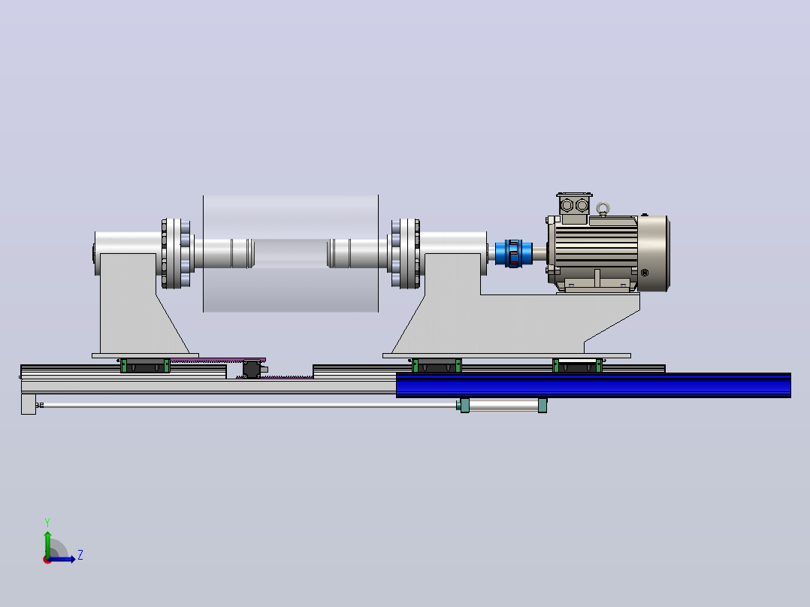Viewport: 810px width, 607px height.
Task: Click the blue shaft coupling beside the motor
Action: [513, 253]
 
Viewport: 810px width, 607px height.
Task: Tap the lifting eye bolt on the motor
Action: [603, 210]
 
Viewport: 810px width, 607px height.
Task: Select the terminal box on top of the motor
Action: [574, 205]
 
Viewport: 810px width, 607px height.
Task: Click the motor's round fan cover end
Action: [654, 254]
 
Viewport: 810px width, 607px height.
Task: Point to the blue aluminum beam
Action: [593, 385]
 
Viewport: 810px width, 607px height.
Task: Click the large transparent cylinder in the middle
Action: [290, 254]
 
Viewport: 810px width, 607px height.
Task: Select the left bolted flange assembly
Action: [176, 254]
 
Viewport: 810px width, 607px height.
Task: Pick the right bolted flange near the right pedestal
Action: [406, 254]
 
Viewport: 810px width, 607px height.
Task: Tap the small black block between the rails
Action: [252, 370]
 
